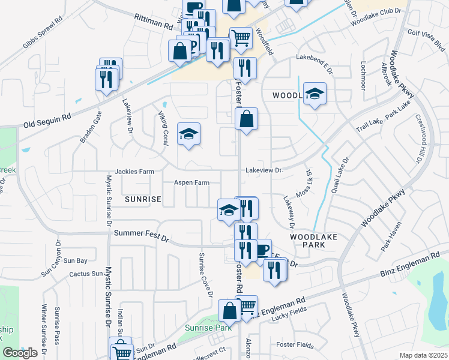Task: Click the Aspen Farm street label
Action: pos(191,182)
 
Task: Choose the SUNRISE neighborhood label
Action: pos(143,199)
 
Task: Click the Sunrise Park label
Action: pos(215,328)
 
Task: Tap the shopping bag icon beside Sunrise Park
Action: pos(229,310)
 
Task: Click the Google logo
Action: pos(20,353)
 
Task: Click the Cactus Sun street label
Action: pos(86,274)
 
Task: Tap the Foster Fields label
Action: pos(295,344)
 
